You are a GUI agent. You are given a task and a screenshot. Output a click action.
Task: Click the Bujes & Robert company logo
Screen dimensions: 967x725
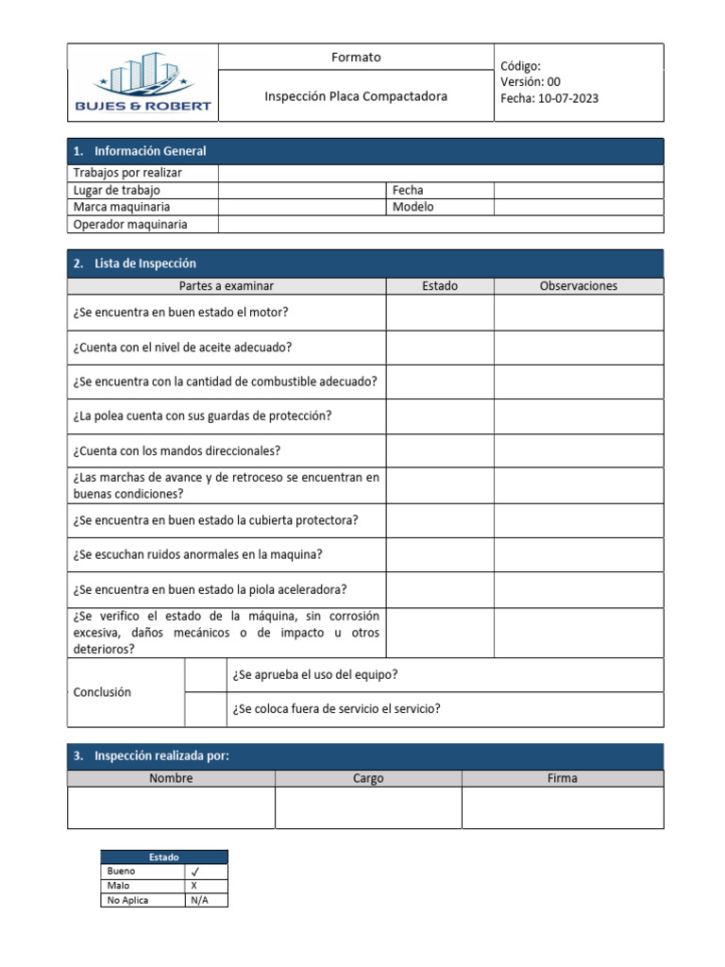pos(143,83)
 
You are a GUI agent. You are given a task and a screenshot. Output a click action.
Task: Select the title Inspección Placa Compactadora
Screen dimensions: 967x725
pos(356,96)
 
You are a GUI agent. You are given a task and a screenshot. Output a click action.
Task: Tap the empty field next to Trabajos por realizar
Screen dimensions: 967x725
pos(440,173)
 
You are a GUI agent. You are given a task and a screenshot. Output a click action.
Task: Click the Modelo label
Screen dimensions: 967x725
pos(413,207)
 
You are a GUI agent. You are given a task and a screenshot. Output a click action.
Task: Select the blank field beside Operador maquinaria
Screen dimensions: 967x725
pos(440,225)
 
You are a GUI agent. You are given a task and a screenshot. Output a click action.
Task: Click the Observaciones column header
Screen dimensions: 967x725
pos(578,286)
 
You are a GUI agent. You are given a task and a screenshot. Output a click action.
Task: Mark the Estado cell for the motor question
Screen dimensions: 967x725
pos(439,313)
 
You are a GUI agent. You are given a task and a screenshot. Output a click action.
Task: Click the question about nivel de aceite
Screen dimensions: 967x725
pos(182,348)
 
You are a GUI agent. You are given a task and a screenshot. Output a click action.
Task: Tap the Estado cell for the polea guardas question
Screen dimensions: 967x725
pos(439,416)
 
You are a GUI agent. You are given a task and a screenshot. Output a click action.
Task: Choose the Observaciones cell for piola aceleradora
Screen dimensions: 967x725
pos(578,589)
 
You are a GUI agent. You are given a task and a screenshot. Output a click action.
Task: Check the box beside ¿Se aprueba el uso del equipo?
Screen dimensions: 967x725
pos(205,675)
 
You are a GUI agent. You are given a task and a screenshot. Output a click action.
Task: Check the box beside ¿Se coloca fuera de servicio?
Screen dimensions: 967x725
pos(205,709)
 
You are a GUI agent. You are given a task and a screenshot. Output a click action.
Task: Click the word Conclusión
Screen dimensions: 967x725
pos(102,692)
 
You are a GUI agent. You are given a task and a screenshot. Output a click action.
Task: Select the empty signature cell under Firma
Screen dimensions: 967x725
pos(562,808)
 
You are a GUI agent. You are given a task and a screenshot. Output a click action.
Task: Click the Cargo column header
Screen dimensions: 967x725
pos(368,779)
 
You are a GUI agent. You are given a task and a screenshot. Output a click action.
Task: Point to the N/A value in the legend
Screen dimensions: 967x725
pos(199,901)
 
